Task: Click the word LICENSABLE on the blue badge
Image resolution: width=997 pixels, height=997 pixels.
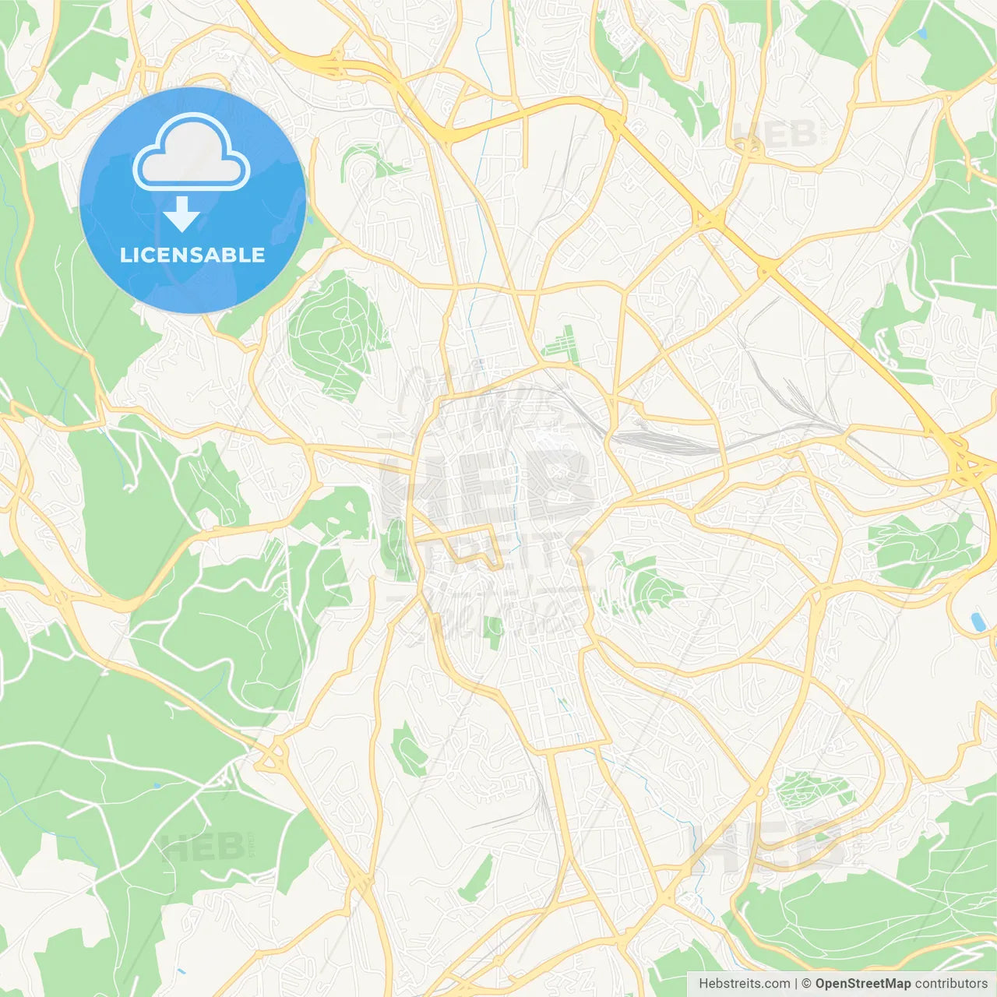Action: point(192,255)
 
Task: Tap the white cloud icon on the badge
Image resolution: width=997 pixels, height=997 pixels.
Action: point(192,152)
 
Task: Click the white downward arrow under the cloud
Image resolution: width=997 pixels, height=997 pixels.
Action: point(182,214)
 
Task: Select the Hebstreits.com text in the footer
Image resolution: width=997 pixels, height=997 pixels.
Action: point(745,984)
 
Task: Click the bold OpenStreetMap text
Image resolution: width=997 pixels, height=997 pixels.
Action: point(863,984)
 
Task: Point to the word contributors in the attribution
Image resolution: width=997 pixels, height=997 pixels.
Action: point(951,984)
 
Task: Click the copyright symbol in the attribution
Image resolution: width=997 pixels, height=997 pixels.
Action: point(806,984)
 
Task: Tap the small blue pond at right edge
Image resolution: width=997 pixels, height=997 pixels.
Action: point(977,621)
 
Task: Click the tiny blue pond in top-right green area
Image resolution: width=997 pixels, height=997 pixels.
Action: point(923,33)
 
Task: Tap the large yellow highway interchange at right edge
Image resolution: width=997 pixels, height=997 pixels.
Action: point(966,463)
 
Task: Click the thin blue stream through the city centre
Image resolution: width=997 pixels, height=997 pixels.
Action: point(514,498)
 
